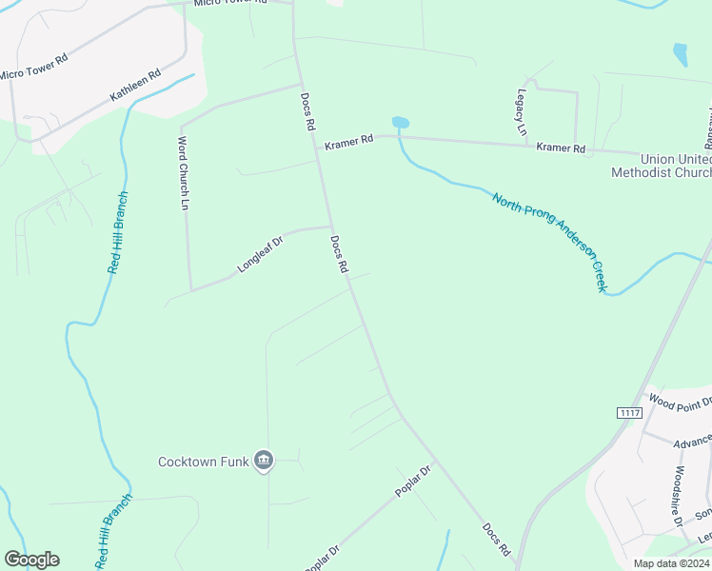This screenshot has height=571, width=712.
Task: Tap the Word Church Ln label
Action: [x=185, y=173]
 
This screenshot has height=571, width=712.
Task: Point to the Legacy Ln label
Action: [x=522, y=113]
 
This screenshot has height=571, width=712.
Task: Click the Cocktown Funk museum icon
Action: [x=265, y=462]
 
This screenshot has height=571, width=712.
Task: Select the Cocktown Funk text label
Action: [x=203, y=463]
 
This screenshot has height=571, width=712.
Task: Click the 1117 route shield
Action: [x=629, y=412]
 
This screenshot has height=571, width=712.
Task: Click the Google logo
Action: [x=31, y=560]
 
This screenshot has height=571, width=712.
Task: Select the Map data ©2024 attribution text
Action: [x=671, y=563]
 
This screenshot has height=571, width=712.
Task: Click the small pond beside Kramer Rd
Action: [x=400, y=123]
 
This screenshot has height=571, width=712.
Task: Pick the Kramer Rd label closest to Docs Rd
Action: [x=348, y=143]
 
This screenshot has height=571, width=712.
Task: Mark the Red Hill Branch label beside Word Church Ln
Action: [x=118, y=233]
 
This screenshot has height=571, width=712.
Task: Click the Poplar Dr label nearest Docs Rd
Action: [x=413, y=482]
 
